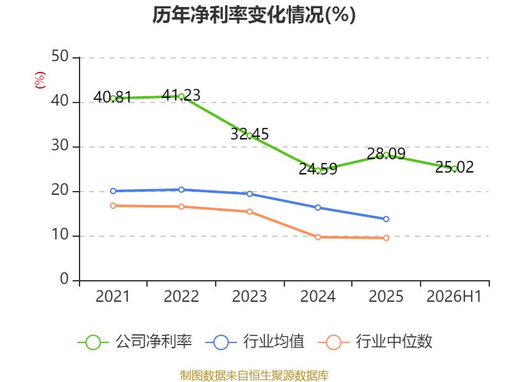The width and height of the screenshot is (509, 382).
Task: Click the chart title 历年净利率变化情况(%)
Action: [x=254, y=15]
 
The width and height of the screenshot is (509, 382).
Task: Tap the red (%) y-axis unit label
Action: [x=40, y=80]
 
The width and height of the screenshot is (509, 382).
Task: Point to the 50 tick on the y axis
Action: [x=60, y=57]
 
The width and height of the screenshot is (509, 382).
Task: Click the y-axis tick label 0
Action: [x=64, y=279]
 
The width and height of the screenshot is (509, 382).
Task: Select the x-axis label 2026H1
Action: [x=454, y=297]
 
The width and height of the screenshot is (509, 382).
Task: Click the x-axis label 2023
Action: [x=249, y=297]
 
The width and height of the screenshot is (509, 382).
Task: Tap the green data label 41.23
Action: [x=181, y=95]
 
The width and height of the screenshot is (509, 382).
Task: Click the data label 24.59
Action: [x=317, y=169]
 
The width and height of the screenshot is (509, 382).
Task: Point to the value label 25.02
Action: [x=454, y=167]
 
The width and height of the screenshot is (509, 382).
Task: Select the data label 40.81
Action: [x=113, y=97]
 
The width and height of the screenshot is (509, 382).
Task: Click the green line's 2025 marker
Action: [x=386, y=155]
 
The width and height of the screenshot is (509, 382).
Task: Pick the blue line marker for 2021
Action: [x=113, y=191]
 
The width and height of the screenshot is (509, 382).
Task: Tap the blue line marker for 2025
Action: [x=386, y=219]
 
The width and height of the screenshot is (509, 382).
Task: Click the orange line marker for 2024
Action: [x=317, y=237]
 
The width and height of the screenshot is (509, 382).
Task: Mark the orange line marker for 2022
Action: [x=181, y=206]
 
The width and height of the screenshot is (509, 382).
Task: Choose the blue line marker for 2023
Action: [x=249, y=194]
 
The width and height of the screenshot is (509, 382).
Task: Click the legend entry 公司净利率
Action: [x=135, y=342]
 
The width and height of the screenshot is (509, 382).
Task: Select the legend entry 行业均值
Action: [x=255, y=342]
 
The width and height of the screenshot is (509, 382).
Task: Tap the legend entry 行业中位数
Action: [x=375, y=342]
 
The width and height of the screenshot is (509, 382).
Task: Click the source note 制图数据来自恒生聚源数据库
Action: [x=254, y=376]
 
